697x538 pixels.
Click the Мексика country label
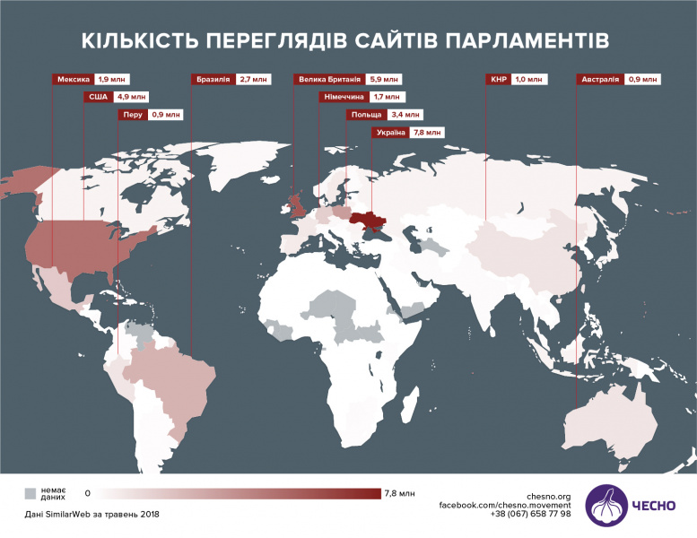coord(74,79)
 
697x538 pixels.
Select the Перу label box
coord(134,115)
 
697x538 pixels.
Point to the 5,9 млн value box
coord(382,79)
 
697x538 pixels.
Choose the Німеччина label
coord(343,97)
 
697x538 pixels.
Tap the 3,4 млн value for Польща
coord(405,115)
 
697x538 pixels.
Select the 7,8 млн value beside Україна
coord(427,133)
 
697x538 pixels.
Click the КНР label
coord(499,79)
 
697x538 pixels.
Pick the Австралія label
coord(599,79)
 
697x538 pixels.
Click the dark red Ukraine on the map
coord(370,221)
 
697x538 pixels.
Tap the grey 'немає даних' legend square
coord(30,493)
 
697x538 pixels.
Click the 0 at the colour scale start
coord(87,493)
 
